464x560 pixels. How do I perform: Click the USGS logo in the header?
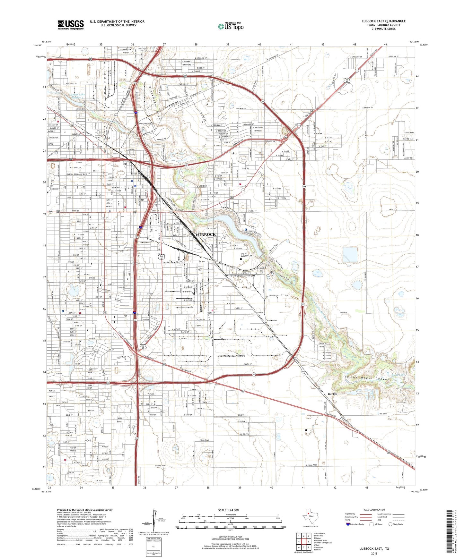point(70,25)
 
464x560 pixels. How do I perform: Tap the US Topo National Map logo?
point(230,26)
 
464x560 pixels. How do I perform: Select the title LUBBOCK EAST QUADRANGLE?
point(383,21)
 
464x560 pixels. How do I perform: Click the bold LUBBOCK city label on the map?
point(206,235)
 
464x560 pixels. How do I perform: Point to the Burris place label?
point(332,394)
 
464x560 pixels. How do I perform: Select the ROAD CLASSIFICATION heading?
point(374,510)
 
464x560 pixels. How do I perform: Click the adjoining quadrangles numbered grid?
point(303,542)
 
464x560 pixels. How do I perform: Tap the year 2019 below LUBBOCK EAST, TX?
point(374,553)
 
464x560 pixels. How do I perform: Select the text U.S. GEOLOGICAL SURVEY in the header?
point(117,25)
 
